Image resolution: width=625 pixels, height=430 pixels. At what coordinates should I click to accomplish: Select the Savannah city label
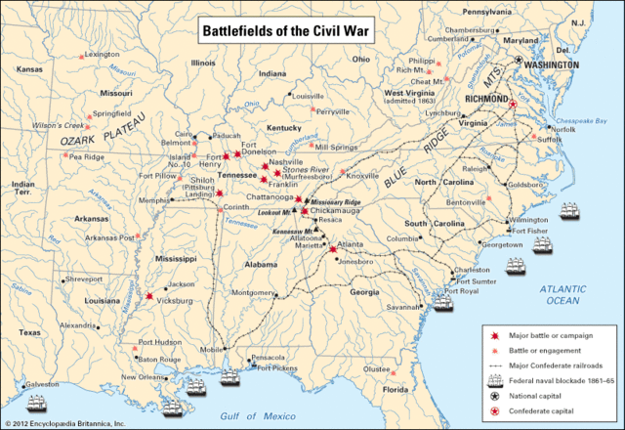pos(403,307)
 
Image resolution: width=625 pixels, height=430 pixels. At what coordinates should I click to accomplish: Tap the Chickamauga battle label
pos(337,210)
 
